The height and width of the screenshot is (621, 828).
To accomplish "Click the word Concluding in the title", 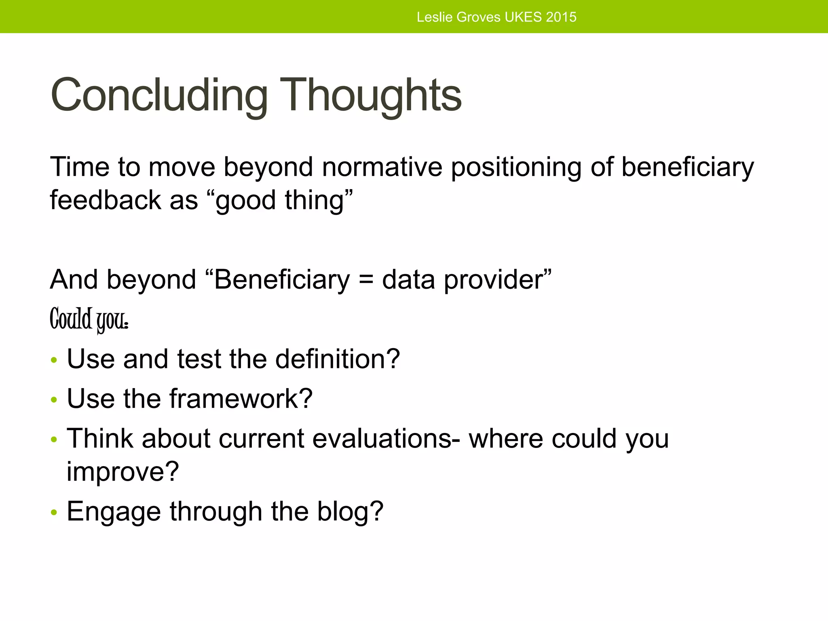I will point(158,95).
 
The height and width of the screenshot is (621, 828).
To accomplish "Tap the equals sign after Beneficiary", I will point(366,280).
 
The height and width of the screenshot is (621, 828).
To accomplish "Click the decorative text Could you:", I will point(89,319).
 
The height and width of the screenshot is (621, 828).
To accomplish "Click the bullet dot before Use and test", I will point(54,360).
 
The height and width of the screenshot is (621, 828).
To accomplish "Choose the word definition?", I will point(337,359).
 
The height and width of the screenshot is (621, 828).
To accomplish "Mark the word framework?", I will point(241,399).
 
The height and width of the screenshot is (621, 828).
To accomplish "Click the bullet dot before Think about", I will point(54,439).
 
